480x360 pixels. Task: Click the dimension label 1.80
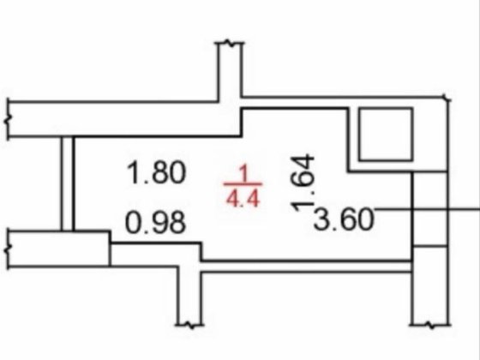pos(156,173)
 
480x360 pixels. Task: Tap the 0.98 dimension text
pos(155,222)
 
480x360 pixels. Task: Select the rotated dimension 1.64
pos(303,183)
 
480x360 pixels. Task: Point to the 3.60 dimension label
pos(344,219)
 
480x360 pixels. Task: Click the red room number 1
pos(243,174)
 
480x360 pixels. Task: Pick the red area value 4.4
pos(243,198)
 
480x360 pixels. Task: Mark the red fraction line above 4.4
pos(243,184)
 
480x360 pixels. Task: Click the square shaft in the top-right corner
pos(386,134)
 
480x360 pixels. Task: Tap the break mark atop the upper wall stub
pos(231,43)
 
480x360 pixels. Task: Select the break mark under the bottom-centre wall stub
pos(189,325)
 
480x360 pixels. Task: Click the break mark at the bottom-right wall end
pos(430,325)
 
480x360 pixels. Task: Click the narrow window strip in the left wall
pos(68,183)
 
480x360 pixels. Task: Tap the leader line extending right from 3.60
pos(427,209)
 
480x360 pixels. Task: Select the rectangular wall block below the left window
pos(59,249)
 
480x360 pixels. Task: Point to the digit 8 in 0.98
pos(176,222)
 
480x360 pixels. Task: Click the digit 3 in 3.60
pos(321,219)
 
